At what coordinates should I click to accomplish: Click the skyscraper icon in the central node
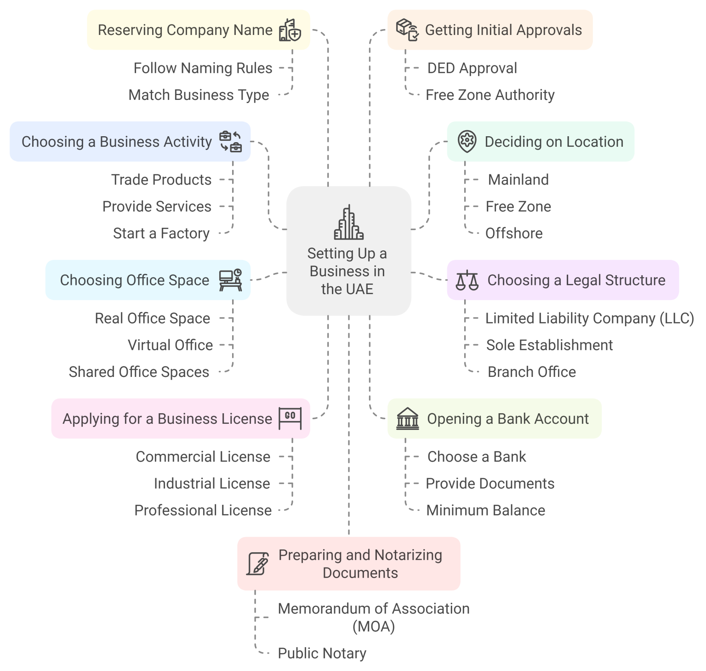pyautogui.click(x=348, y=223)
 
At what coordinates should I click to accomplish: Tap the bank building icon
pyautogui.click(x=408, y=418)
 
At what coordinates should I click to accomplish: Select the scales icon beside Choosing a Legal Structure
pyautogui.click(x=467, y=280)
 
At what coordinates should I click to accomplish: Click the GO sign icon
pyautogui.click(x=290, y=418)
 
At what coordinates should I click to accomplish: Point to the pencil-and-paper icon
pyautogui.click(x=258, y=564)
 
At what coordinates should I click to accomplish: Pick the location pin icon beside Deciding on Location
pyautogui.click(x=467, y=141)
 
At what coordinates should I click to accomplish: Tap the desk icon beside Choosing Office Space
pyautogui.click(x=231, y=280)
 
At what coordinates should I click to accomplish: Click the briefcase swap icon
pyautogui.click(x=231, y=141)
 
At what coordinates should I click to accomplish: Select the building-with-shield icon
pyautogui.click(x=290, y=30)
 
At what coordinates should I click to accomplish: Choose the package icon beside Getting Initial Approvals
pyautogui.click(x=407, y=30)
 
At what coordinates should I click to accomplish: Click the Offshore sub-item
pyautogui.click(x=514, y=233)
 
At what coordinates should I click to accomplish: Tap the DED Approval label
pyautogui.click(x=472, y=68)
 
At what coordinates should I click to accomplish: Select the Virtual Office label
pyautogui.click(x=170, y=345)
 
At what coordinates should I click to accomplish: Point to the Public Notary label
pyautogui.click(x=322, y=653)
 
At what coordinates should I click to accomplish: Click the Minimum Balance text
pyautogui.click(x=485, y=510)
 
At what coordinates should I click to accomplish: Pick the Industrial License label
pyautogui.click(x=212, y=484)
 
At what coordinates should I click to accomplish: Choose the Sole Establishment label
pyautogui.click(x=549, y=345)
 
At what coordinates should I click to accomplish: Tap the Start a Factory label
pyautogui.click(x=161, y=233)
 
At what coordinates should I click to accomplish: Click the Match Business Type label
pyautogui.click(x=199, y=95)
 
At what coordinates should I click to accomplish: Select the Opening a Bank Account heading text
pyautogui.click(x=508, y=419)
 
